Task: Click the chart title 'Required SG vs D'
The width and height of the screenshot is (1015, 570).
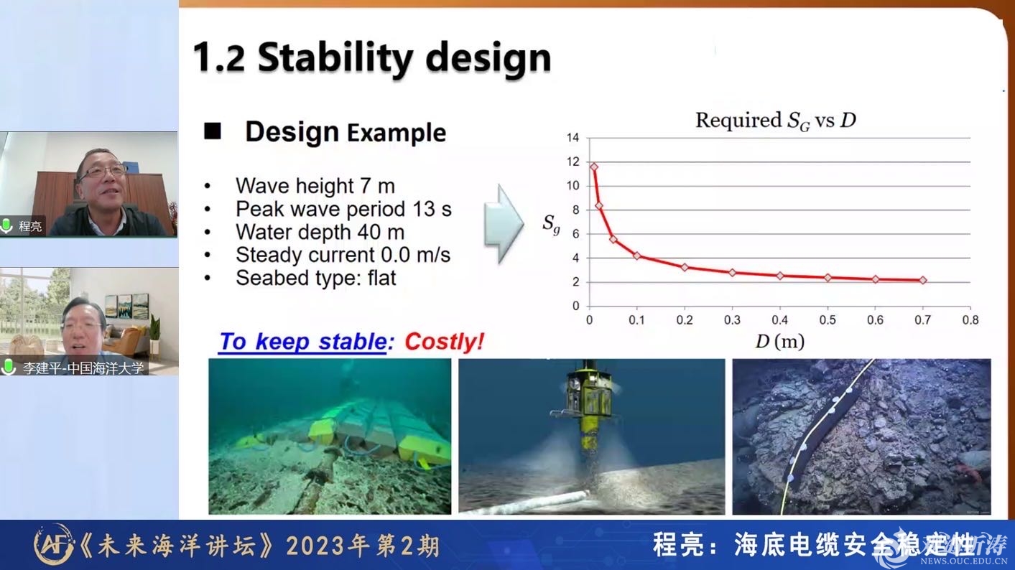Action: [775, 121]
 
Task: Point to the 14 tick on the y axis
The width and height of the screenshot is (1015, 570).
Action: [573, 138]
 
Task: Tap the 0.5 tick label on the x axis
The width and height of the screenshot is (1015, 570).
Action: [828, 320]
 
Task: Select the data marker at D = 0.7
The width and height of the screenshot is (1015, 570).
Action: [923, 280]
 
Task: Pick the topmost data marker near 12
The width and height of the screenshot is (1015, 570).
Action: [594, 167]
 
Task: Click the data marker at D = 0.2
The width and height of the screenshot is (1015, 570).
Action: [685, 267]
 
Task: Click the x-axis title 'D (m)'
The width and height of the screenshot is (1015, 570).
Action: [779, 342]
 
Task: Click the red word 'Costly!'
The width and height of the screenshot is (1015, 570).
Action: [444, 342]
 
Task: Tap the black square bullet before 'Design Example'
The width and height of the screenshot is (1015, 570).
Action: [213, 131]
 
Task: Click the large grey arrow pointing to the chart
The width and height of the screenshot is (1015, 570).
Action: [504, 224]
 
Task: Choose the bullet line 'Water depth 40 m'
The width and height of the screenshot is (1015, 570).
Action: [320, 233]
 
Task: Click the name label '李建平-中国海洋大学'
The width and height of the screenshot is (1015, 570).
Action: [83, 368]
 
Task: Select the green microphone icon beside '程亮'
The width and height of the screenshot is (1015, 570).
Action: [6, 225]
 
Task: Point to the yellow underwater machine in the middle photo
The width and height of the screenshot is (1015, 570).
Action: [588, 412]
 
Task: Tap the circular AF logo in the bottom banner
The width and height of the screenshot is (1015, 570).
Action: [53, 545]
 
